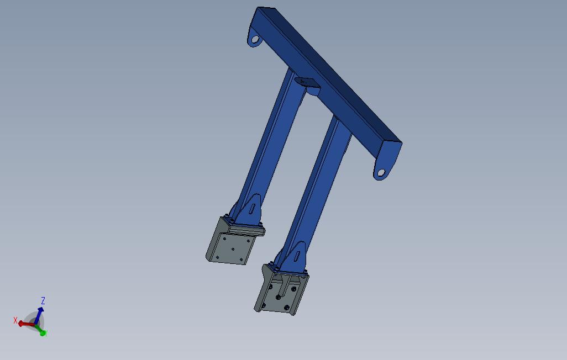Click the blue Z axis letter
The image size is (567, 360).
tap(43, 301)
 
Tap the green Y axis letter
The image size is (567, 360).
tap(45, 333)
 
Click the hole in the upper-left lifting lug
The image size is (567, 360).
tap(255, 40)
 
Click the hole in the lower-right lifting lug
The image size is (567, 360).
tap(380, 173)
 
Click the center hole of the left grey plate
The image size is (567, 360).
tap(233, 249)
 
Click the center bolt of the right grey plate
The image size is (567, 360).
tap(278, 297)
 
